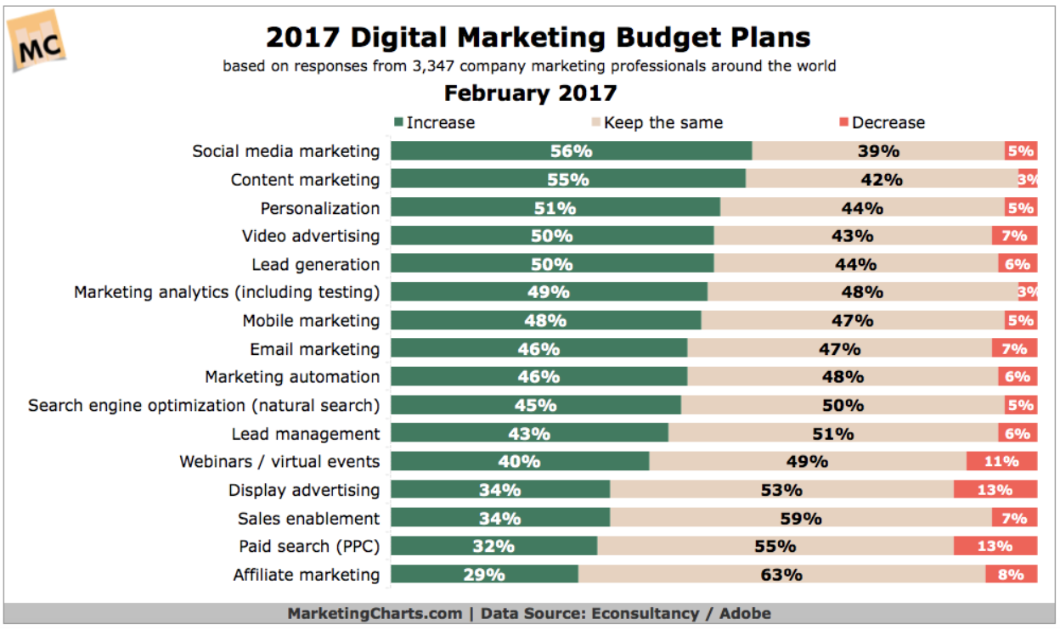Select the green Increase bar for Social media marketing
pyautogui.click(x=571, y=151)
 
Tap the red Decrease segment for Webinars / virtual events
pyautogui.click(x=1001, y=461)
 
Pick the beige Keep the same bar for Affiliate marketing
pyautogui.click(x=781, y=574)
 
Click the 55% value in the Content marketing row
pyautogui.click(x=568, y=179)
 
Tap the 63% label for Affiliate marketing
pyautogui.click(x=781, y=574)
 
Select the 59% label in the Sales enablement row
pyautogui.click(x=801, y=518)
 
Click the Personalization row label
pyautogui.click(x=320, y=208)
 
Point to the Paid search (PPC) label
pyautogui.click(x=309, y=546)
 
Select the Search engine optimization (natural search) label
pyautogui.click(x=204, y=405)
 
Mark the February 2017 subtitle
pyautogui.click(x=530, y=93)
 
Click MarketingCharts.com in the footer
pyautogui.click(x=375, y=613)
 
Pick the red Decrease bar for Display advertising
pyautogui.click(x=995, y=490)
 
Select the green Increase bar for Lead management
pyautogui.click(x=529, y=433)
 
